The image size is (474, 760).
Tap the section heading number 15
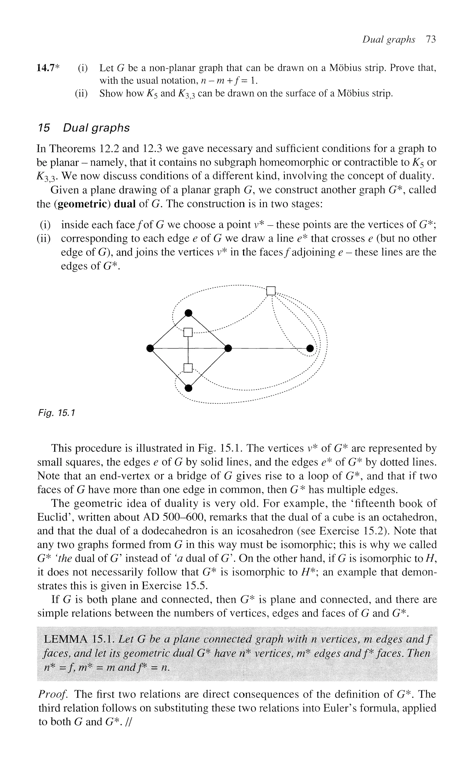coord(44,128)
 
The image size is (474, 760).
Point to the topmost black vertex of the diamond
coord(188,313)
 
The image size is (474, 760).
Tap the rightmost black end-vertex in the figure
coord(310,348)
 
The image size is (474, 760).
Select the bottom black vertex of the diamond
coord(188,388)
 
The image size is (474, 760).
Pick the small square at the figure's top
coord(271,291)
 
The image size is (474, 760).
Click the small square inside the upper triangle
coord(188,332)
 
